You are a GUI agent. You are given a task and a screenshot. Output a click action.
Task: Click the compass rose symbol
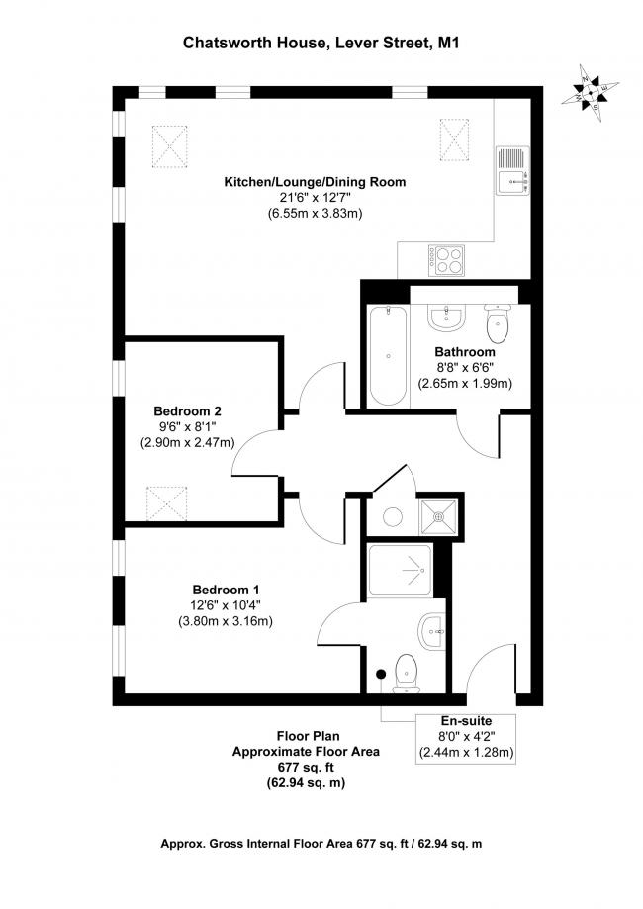591,93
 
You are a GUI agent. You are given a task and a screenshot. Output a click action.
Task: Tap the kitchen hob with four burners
446,260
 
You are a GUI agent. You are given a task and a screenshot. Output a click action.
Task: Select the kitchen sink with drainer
512,170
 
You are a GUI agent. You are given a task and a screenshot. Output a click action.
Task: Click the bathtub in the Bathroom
388,355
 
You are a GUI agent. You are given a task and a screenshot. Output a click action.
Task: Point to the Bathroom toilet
498,322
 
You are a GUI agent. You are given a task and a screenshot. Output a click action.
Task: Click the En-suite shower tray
400,571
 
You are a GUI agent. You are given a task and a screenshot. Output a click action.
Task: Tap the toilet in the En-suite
407,674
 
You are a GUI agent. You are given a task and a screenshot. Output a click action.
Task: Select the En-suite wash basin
431,631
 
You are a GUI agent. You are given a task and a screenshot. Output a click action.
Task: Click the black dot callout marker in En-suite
381,674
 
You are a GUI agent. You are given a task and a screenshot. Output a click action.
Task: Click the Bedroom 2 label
187,411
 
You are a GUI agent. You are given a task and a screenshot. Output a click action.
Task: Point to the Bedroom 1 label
226,591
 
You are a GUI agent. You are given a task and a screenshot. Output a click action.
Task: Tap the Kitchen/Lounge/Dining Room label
315,182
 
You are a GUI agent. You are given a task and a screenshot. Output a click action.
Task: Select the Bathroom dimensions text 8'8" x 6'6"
465,367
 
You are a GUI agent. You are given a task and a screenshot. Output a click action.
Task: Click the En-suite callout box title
466,721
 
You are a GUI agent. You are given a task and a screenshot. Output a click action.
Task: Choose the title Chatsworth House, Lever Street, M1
321,43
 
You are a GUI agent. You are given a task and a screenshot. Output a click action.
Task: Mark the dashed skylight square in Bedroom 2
167,503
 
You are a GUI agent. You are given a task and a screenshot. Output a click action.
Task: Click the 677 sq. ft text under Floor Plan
306,768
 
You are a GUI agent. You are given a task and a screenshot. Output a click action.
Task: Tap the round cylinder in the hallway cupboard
393,516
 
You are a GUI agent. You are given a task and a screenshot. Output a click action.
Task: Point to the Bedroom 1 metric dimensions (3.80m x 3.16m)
225,621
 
